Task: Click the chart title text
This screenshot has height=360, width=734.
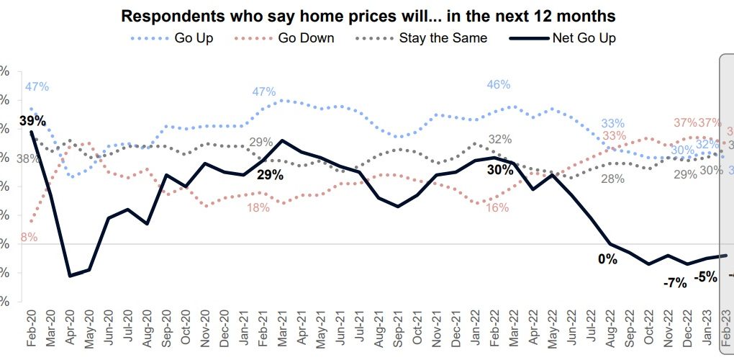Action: pos(368,15)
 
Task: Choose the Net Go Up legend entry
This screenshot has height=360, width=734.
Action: pos(582,37)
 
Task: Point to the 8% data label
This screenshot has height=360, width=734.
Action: pos(30,237)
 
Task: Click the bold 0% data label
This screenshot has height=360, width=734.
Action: pos(607,259)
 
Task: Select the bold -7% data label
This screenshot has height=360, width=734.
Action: pos(674,283)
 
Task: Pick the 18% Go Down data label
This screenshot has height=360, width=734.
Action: pos(258,207)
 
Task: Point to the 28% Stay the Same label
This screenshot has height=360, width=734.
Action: pos(612,179)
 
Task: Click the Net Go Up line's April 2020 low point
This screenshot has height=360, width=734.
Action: pos(70,276)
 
